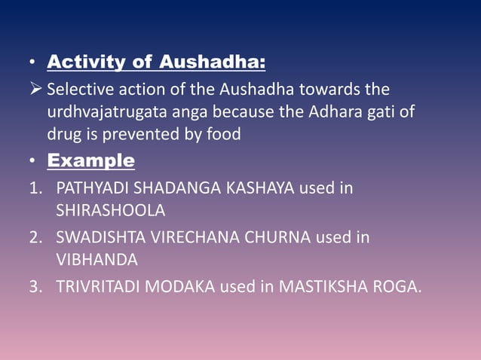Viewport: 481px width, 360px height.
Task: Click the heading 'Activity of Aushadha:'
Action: (x=156, y=60)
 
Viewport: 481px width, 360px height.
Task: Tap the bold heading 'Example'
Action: (x=91, y=160)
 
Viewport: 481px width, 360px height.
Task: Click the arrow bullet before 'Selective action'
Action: (x=35, y=90)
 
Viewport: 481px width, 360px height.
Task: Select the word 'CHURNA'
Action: (x=282, y=237)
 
